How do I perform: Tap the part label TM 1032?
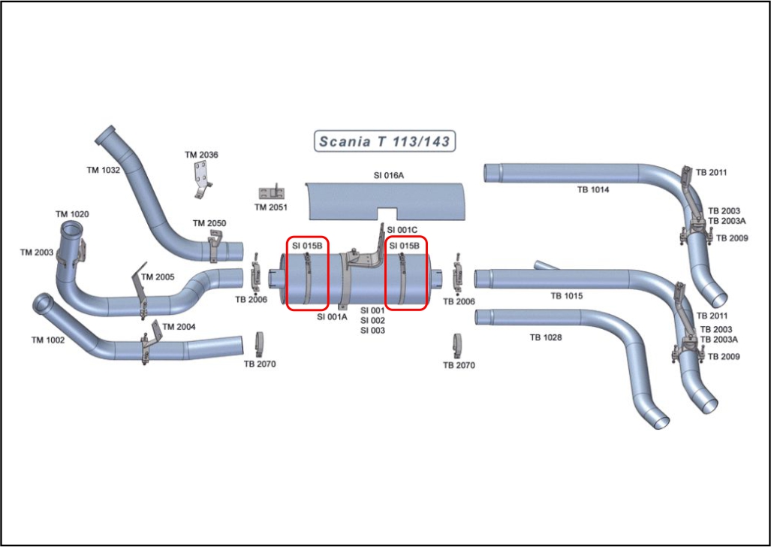[x=104, y=171]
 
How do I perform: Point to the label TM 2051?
[x=271, y=207]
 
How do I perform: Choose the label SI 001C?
[x=402, y=230]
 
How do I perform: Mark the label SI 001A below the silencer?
[x=332, y=317]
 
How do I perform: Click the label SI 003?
[x=372, y=331]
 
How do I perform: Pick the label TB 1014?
[x=593, y=190]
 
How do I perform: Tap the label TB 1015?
[x=567, y=296]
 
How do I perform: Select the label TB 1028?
[x=546, y=338]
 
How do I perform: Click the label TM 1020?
[x=72, y=215]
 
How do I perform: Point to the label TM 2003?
[x=36, y=252]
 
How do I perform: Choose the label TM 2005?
[x=158, y=277]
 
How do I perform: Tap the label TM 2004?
[x=179, y=327]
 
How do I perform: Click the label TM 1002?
[x=47, y=340]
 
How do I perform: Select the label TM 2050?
[x=209, y=224]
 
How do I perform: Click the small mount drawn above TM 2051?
[x=271, y=192]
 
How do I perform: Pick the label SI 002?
[x=372, y=321]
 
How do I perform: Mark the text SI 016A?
[x=389, y=175]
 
